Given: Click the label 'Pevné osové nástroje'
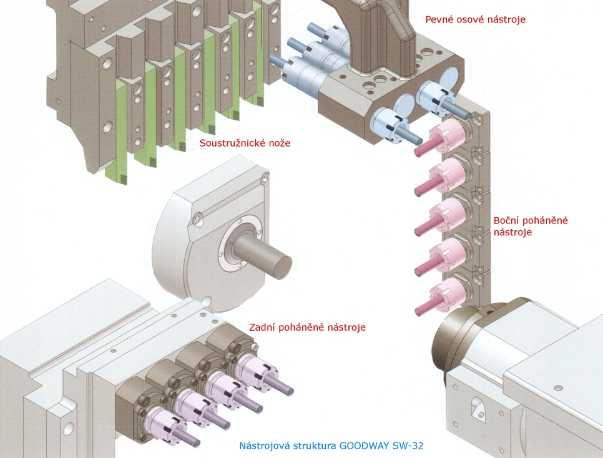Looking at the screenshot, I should pyautogui.click(x=475, y=19).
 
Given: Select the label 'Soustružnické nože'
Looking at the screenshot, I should pyautogui.click(x=245, y=143).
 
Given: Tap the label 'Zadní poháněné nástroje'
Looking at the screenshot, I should pyautogui.click(x=307, y=327).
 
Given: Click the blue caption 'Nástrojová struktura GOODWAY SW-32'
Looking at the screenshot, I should pyautogui.click(x=335, y=446).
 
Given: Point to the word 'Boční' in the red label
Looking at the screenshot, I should pyautogui.click(x=507, y=221).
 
